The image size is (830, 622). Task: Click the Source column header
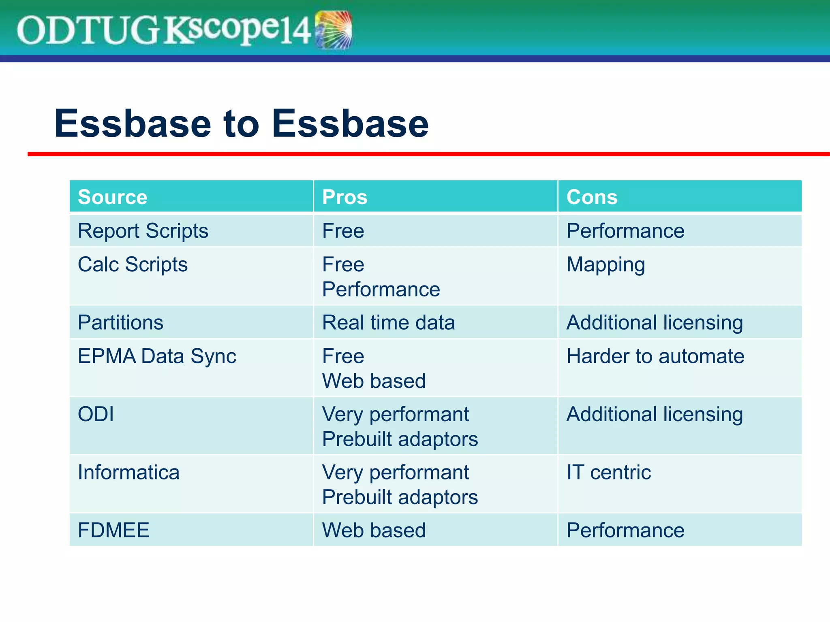coord(113,197)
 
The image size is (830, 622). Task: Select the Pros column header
coord(344,197)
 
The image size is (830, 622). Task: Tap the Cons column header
coord(592,197)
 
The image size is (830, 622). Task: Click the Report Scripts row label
coord(143,231)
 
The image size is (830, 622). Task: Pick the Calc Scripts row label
coord(133,264)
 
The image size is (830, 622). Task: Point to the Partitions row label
coord(120,323)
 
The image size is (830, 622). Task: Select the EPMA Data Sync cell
coord(157,356)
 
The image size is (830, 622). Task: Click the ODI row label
coord(96,414)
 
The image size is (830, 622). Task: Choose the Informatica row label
coord(128,472)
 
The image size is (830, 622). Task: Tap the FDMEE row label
coord(113,530)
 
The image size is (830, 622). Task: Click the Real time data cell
coord(388,323)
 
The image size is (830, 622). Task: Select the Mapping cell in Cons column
coord(605,264)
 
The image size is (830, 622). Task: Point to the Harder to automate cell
coord(655,356)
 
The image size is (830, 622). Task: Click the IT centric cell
coord(608,472)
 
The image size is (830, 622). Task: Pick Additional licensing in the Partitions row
coord(655,323)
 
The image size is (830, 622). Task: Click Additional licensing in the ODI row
coord(655,414)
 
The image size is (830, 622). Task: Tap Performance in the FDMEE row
coord(625,530)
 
